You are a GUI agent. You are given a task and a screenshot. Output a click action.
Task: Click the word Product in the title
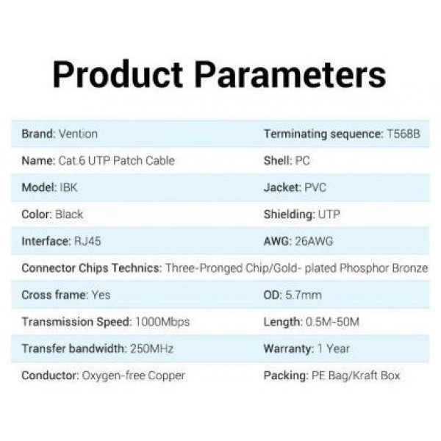[x=118, y=74]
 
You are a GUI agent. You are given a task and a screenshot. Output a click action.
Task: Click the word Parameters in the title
[x=290, y=74]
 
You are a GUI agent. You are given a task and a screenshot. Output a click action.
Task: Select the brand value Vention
[x=79, y=134]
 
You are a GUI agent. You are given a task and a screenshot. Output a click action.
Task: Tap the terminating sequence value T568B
[x=404, y=134]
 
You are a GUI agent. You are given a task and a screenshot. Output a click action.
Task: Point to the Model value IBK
[x=68, y=187]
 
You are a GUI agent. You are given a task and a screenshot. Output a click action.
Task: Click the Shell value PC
[x=302, y=160]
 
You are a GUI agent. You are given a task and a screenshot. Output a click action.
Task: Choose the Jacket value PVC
[x=315, y=187]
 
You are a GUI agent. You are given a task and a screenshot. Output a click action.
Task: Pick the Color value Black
[x=69, y=215]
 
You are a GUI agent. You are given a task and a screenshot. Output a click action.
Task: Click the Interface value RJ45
[x=87, y=241]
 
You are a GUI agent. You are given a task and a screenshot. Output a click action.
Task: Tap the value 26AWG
[x=314, y=241]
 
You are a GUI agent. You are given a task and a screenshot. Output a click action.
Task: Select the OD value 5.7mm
[x=304, y=295]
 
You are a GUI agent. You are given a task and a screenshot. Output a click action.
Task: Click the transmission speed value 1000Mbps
[x=162, y=322]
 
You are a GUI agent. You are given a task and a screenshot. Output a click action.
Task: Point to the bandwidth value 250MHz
[x=152, y=348]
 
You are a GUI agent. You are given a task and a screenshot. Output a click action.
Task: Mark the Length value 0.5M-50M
[x=332, y=322]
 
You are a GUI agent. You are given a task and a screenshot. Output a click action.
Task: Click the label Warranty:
[x=289, y=349]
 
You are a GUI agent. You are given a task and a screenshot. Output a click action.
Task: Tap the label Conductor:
[x=50, y=376]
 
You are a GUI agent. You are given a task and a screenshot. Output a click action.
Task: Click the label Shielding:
[x=290, y=215]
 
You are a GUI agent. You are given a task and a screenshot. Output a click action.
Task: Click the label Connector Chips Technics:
[x=92, y=268]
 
